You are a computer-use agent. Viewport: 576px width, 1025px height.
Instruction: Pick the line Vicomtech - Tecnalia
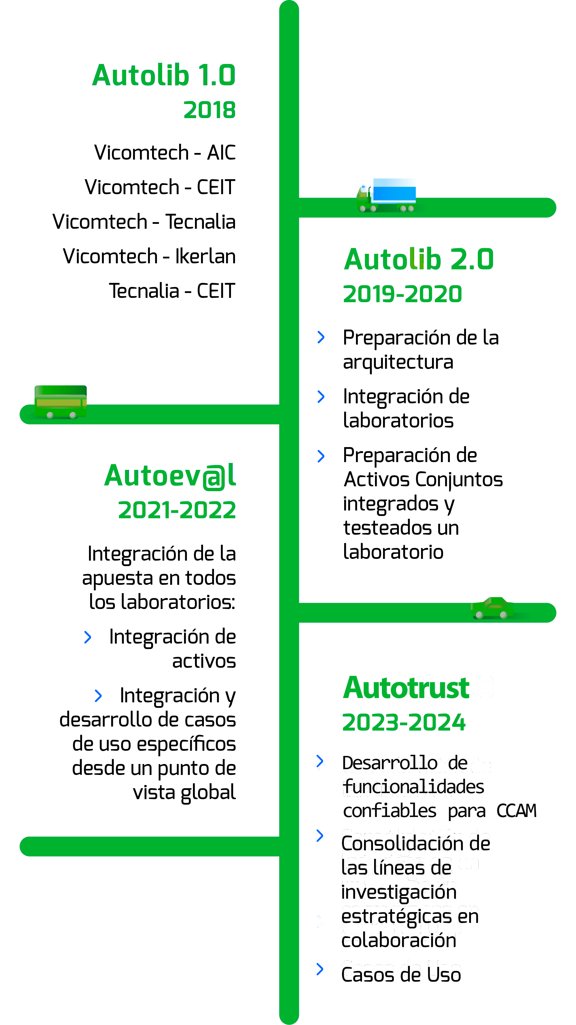(144, 222)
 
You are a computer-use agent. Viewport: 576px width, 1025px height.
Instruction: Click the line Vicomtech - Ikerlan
(149, 256)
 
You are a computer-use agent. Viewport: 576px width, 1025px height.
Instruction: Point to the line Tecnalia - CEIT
(172, 291)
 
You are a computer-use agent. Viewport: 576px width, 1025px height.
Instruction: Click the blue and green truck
(387, 195)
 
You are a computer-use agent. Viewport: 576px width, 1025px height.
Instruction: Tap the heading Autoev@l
(170, 476)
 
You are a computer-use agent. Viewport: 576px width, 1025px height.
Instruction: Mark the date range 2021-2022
(177, 510)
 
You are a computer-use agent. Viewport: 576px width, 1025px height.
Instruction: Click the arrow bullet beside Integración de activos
(88, 637)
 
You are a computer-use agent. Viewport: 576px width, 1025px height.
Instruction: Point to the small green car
(492, 608)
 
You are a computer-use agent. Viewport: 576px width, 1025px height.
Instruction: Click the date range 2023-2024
(404, 722)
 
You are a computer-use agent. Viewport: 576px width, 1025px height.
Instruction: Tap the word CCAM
(516, 811)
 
